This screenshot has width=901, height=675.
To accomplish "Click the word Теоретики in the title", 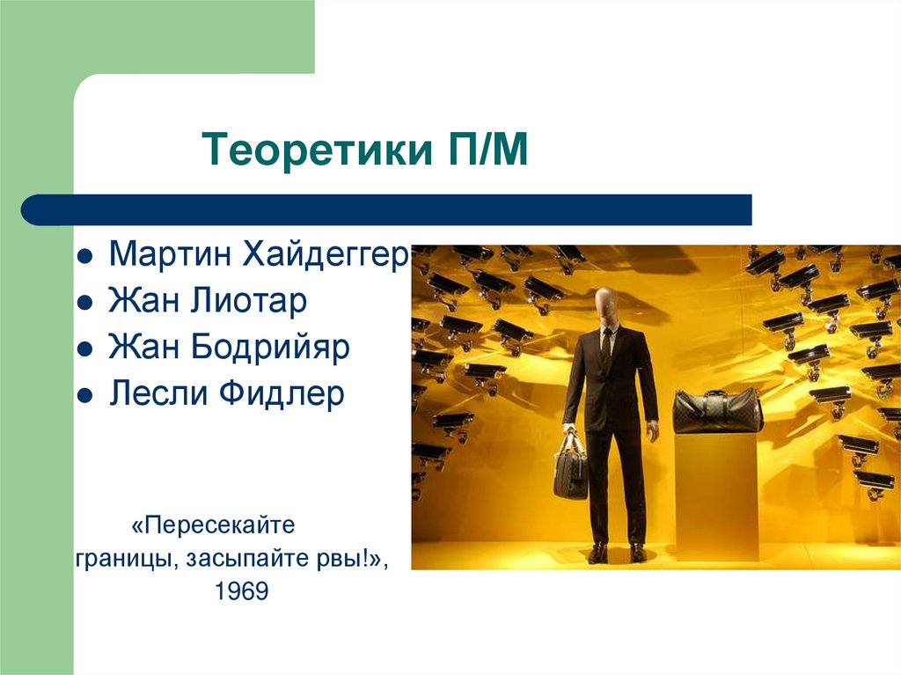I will pos(304,150).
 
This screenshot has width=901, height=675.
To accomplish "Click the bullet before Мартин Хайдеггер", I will pos(85,258).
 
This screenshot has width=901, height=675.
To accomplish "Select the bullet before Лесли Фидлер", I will pos(85,395).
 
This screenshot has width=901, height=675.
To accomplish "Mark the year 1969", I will pos(239,591).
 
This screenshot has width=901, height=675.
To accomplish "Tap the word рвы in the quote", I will pos(353,559).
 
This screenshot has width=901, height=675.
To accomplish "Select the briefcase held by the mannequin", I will pos(570,466).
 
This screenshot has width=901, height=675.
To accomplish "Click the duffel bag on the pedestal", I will pos(716,410).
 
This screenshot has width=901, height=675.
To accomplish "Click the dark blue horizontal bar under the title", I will pos(387,210).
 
